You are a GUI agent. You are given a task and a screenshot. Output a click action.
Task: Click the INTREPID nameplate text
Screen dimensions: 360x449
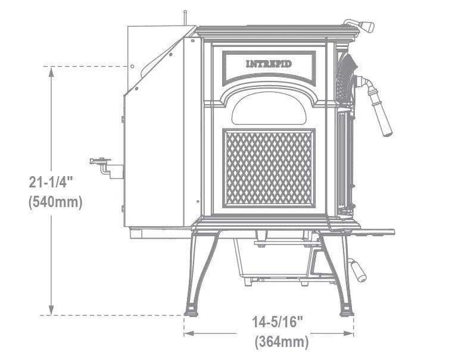tap(269, 64)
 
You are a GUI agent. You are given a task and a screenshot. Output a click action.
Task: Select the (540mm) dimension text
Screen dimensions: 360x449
tap(55, 202)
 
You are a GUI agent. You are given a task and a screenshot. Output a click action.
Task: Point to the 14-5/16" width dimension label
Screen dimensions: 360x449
tap(277, 322)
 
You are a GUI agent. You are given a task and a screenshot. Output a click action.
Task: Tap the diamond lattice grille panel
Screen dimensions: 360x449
tap(269, 168)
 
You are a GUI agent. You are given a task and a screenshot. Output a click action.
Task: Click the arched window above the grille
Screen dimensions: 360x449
tap(269, 108)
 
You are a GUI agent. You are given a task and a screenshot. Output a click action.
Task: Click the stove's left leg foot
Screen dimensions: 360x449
tap(192, 310)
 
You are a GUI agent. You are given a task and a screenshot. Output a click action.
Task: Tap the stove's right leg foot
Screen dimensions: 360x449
tap(347, 310)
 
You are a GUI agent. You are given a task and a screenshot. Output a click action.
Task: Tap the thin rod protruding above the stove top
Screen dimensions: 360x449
tap(185, 18)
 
